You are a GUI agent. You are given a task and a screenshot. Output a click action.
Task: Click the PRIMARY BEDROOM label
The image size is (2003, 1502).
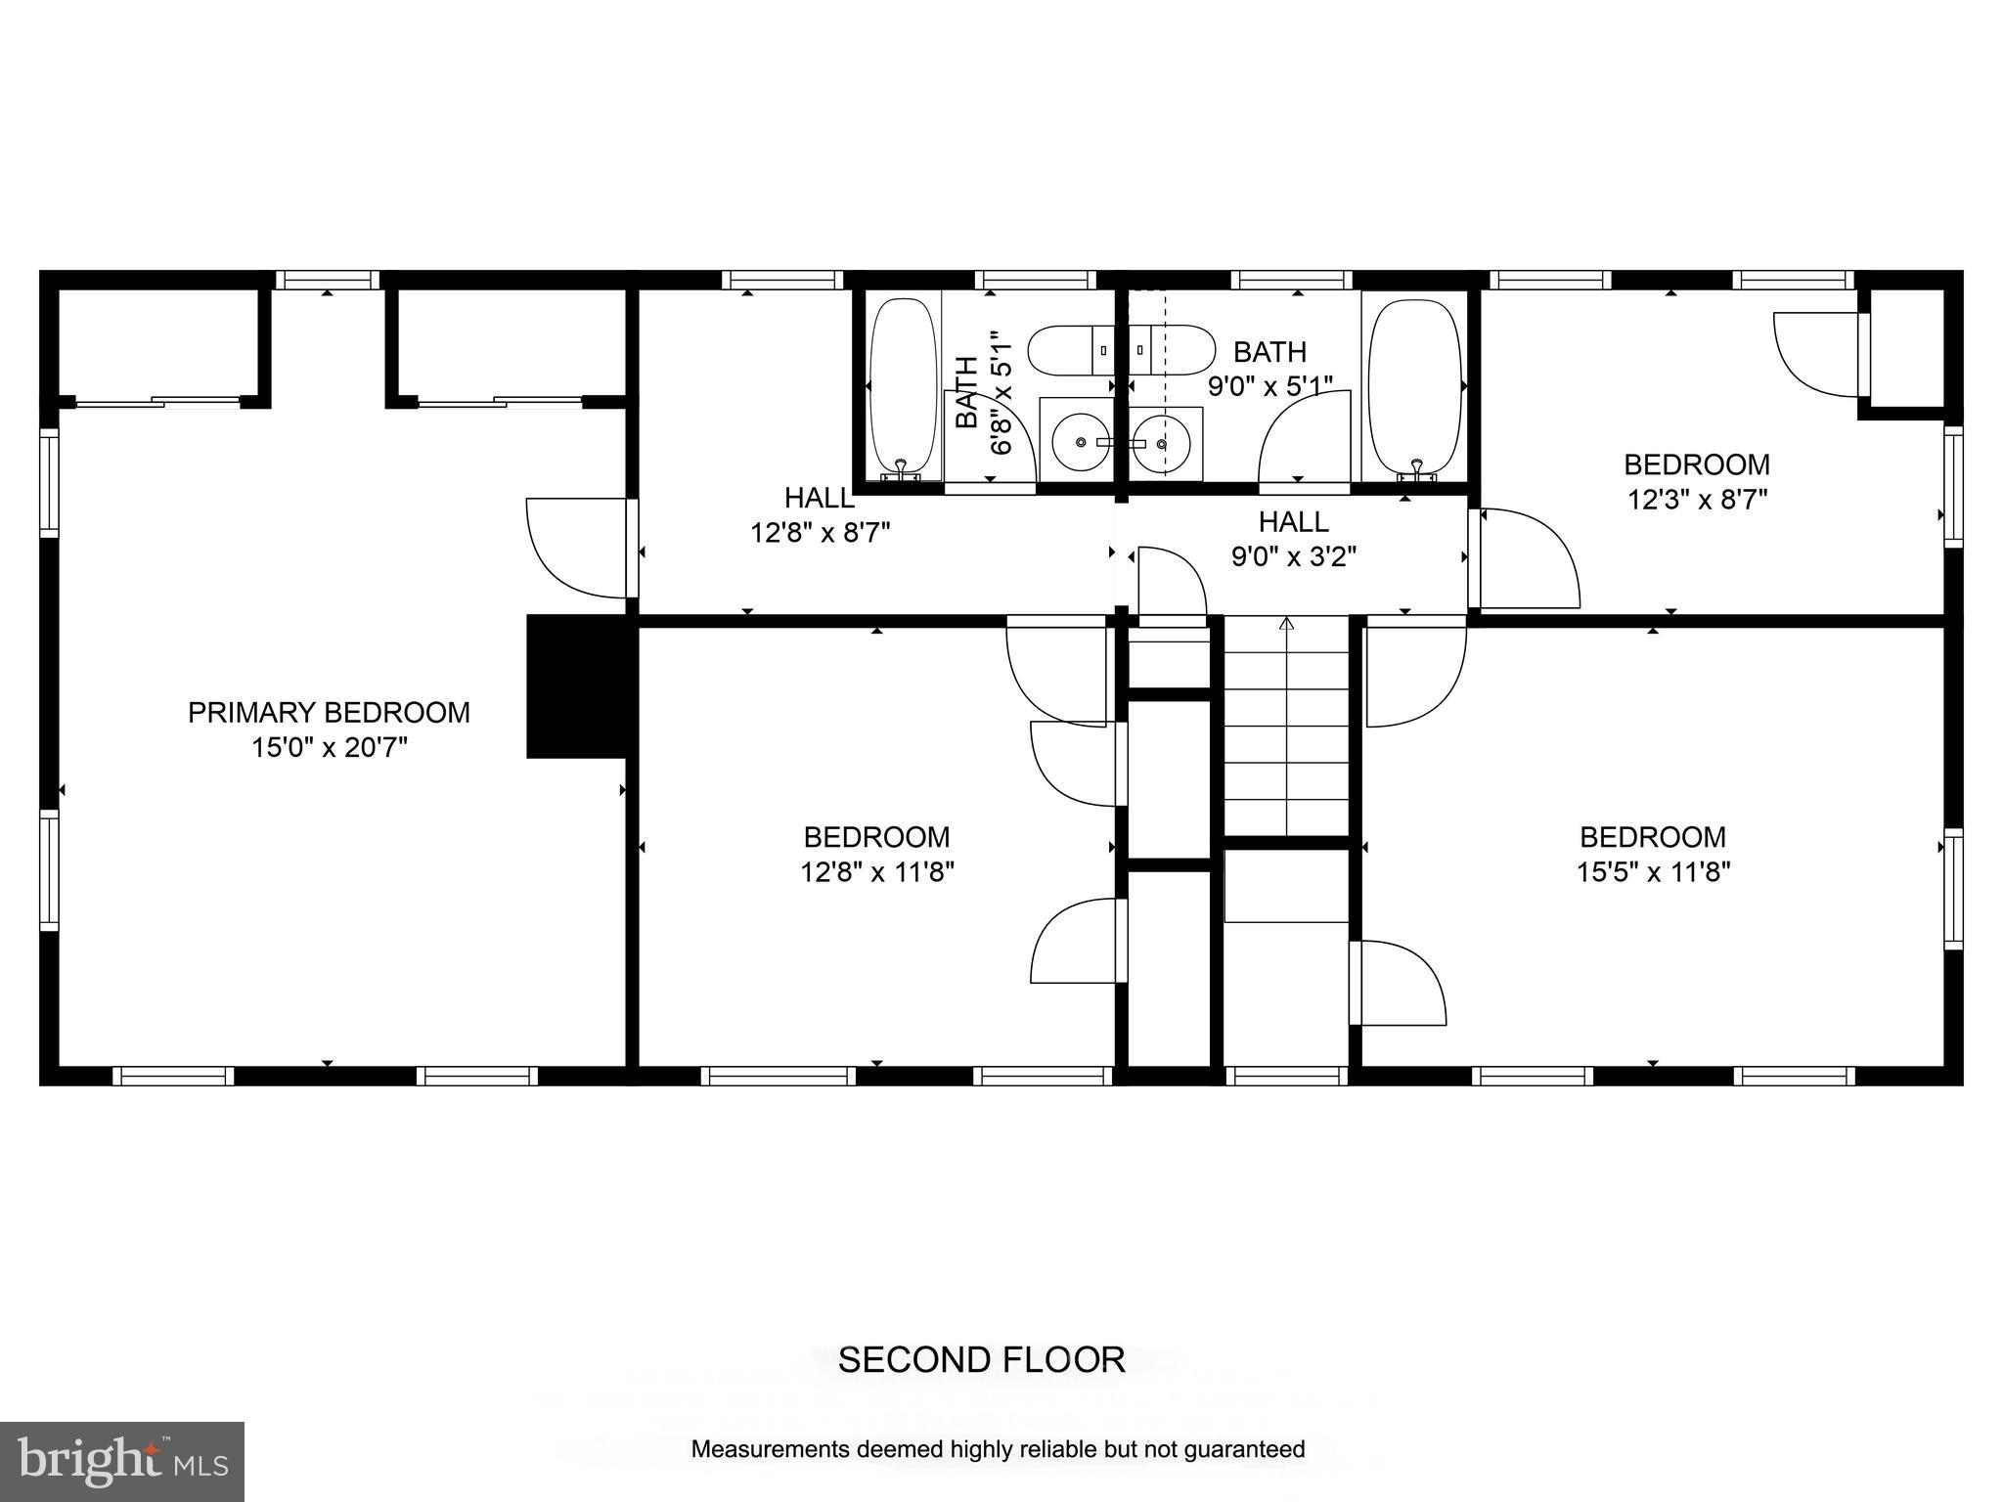[x=329, y=712]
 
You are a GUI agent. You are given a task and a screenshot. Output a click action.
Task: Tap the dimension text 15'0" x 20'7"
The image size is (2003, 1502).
[x=329, y=748]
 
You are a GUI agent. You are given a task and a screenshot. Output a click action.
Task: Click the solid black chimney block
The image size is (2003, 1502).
[x=577, y=685]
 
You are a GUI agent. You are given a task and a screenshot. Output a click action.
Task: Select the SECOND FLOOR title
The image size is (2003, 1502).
[x=981, y=1360]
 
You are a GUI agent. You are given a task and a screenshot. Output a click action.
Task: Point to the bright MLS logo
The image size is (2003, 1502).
[x=122, y=1462]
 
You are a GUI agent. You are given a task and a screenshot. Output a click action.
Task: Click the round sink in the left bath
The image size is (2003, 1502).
[x=1080, y=443]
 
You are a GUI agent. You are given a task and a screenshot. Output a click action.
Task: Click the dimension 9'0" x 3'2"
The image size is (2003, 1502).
[x=1293, y=557]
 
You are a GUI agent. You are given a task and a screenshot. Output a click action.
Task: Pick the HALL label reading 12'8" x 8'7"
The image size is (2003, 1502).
[x=820, y=498]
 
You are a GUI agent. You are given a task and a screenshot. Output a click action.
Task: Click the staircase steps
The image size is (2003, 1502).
[x=1286, y=729]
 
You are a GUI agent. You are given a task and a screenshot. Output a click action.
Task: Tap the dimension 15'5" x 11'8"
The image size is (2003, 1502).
[x=1653, y=872]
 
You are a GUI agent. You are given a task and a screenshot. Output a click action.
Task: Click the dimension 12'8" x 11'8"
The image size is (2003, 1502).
[x=876, y=872]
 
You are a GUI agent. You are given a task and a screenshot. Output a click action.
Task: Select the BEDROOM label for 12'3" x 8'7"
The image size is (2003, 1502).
[x=1697, y=464]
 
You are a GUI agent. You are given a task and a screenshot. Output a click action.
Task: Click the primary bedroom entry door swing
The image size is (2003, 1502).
[x=577, y=548]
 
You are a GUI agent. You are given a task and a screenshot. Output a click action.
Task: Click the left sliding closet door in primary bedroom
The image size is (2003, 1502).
[x=156, y=401]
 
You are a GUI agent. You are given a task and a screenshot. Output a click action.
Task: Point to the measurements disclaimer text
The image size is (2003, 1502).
[x=998, y=1449]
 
